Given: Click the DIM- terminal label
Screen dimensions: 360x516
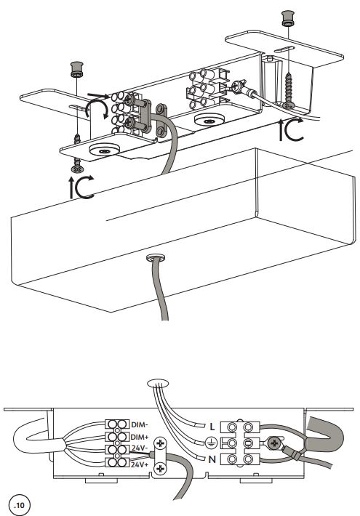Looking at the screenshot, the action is coord(140,424).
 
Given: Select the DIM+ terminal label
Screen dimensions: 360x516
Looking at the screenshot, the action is coord(140,437).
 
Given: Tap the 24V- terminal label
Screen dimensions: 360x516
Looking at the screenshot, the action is coord(139,448).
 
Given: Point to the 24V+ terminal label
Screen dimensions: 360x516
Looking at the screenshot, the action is coord(140,464).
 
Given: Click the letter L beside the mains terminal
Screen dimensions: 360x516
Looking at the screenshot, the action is coord(212,427).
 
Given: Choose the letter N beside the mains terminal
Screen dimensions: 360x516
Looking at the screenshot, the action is coord(212,459).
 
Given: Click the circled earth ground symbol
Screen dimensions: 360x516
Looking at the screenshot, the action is coord(211,443).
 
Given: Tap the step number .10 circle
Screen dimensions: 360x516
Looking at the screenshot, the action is coord(20,504).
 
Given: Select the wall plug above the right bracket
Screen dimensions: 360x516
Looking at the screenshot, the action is coord(288,18).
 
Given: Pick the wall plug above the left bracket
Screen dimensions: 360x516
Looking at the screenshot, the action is coord(77,70).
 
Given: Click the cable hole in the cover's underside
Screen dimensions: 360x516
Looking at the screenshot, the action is coord(156,257).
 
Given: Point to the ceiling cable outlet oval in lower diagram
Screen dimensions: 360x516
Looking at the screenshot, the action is coord(158,384).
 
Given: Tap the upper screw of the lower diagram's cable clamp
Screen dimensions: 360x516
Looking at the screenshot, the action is coord(161,443).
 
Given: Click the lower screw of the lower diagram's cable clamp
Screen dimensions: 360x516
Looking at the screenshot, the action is coord(161,468).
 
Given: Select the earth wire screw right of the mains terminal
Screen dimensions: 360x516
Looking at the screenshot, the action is coord(275,443).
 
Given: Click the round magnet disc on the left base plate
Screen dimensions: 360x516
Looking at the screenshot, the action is coord(105,150).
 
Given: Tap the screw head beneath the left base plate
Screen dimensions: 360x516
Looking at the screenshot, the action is coord(77,169).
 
